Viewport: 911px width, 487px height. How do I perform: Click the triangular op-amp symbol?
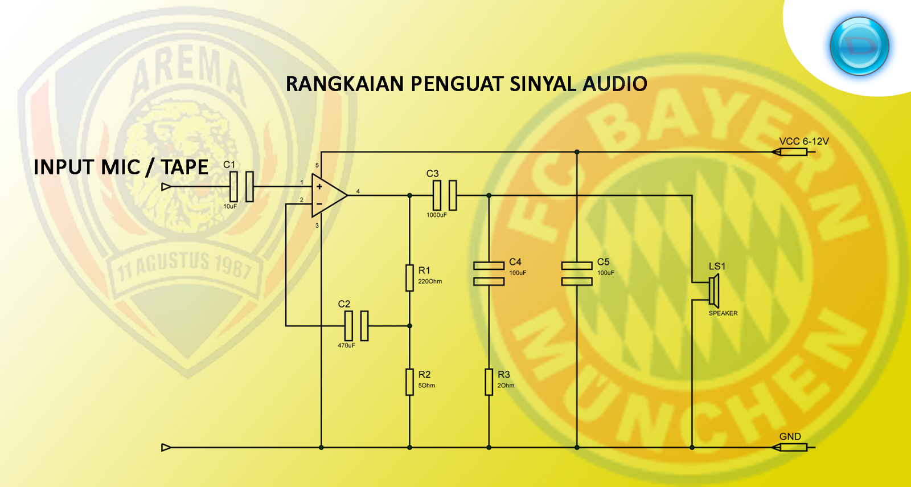(327, 195)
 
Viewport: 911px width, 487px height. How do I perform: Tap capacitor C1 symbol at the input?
(241, 186)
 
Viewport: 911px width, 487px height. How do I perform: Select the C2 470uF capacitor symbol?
(356, 326)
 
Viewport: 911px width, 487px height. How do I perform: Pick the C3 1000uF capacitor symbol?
(445, 195)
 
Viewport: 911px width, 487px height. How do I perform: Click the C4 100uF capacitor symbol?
(489, 273)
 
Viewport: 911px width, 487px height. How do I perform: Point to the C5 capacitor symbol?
(577, 273)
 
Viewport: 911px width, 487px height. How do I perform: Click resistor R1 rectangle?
(409, 278)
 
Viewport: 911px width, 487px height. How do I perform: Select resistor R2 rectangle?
(409, 382)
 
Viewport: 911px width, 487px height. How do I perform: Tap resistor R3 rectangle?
(489, 382)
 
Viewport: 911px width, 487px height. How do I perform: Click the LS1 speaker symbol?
(714, 291)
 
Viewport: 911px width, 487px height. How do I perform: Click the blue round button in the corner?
(859, 46)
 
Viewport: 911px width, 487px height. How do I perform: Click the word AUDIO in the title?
(615, 84)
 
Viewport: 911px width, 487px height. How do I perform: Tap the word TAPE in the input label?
(184, 167)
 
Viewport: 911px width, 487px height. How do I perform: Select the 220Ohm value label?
(430, 281)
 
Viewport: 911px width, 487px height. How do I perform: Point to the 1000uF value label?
(437, 215)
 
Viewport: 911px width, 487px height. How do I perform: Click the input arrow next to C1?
(166, 187)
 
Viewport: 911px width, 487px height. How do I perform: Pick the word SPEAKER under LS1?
(723, 313)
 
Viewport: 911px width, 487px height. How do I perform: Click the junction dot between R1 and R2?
(409, 326)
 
